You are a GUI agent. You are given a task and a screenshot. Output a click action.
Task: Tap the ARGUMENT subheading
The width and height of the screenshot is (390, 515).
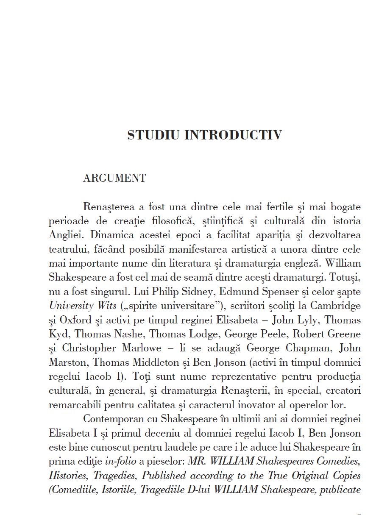tap(114, 178)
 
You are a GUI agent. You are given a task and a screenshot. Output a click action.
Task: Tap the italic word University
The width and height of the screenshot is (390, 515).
tap(70, 306)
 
